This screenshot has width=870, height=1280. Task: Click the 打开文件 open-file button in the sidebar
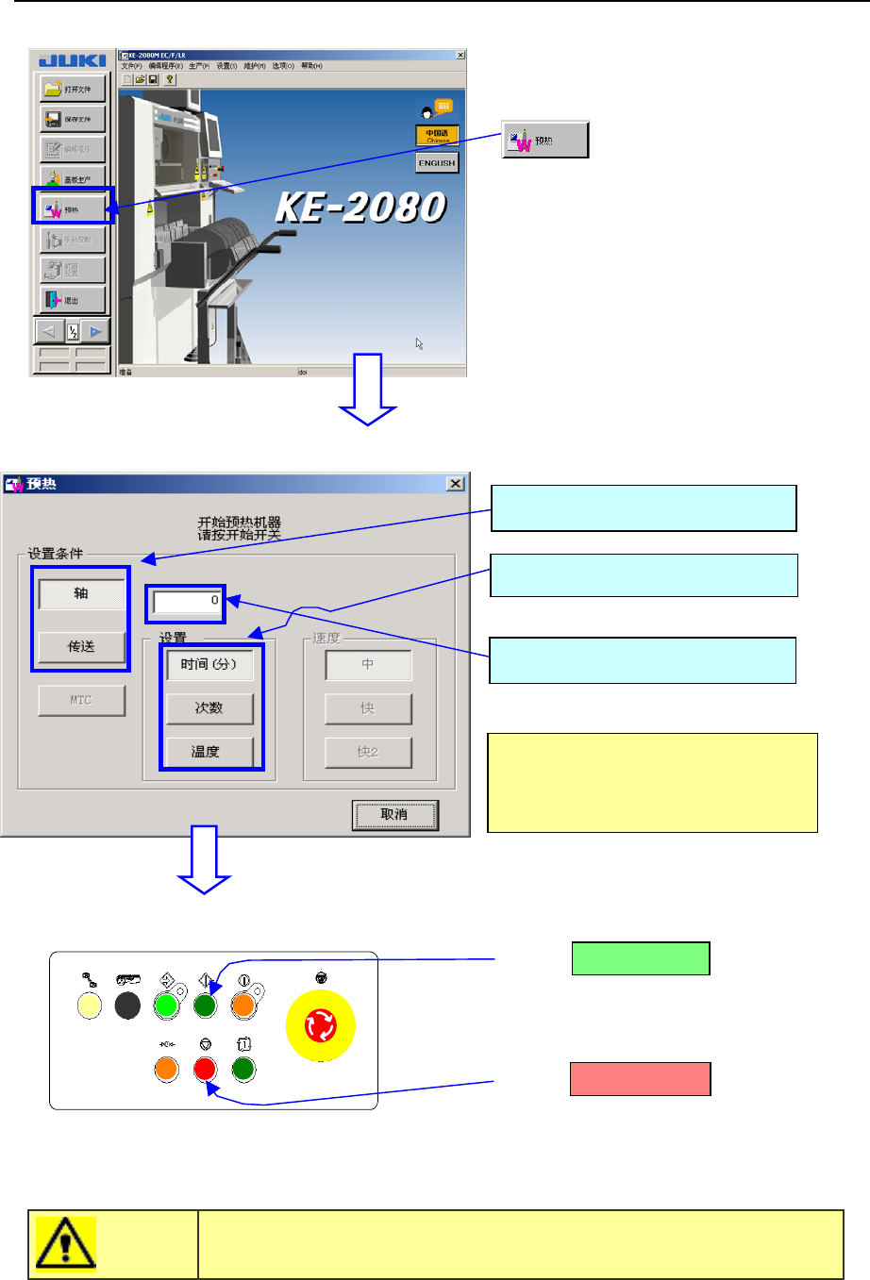[x=73, y=89]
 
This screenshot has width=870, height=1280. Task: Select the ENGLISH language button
[x=437, y=163]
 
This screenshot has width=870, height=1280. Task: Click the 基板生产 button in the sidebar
[x=73, y=179]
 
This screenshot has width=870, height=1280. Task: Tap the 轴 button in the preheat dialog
[x=81, y=593]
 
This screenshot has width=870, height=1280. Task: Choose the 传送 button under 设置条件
[x=81, y=647]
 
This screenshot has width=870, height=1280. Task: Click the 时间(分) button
[x=209, y=665]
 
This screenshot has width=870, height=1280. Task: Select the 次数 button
[x=209, y=708]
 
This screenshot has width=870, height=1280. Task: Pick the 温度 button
[x=209, y=752]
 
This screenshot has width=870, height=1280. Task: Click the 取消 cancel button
[x=394, y=815]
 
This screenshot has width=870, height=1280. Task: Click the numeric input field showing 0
[x=186, y=601]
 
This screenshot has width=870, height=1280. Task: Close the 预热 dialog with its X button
[x=456, y=484]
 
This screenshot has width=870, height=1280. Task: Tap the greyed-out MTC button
[x=81, y=701]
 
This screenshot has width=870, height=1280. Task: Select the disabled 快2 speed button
[x=368, y=752]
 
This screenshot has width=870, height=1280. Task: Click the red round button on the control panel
[x=205, y=1070]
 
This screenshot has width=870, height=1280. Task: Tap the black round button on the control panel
[x=127, y=1006]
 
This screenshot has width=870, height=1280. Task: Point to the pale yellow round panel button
[x=90, y=1006]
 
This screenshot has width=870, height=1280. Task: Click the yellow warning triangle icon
[x=65, y=1244]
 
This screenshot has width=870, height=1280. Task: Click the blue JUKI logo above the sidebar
[x=73, y=61]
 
